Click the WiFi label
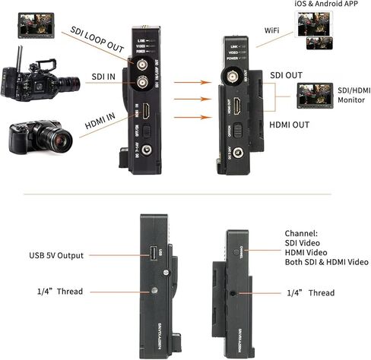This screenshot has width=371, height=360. (274, 30)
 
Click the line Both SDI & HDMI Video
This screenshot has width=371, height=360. (327, 262)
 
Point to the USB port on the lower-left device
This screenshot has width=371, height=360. (152, 252)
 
